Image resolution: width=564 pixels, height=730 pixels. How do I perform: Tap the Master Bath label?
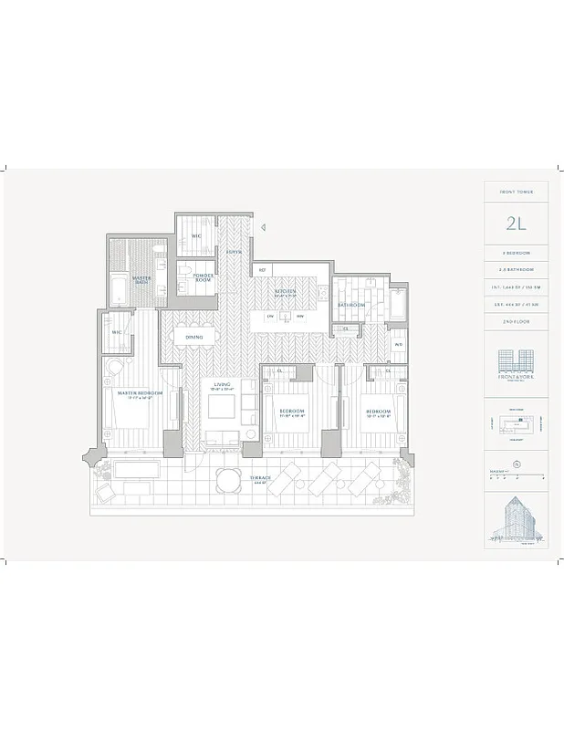[x=141, y=279]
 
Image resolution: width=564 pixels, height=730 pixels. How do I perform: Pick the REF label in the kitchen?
[x=262, y=270]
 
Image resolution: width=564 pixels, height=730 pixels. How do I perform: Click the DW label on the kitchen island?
[x=270, y=317]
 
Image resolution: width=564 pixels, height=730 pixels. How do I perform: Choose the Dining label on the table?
[x=193, y=338]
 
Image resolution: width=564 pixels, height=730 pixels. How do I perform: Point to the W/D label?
[x=399, y=344]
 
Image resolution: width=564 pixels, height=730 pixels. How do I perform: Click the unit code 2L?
[x=516, y=223]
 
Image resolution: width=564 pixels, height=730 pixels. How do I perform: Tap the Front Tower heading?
[x=516, y=192]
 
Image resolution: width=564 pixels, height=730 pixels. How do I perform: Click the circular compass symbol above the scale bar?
[x=517, y=463]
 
